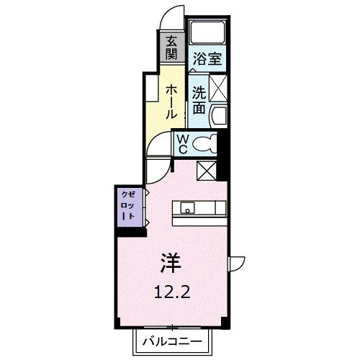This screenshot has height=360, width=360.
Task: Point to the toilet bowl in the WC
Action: pos(204,144)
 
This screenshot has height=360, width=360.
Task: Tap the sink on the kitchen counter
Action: pos(188,210)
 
